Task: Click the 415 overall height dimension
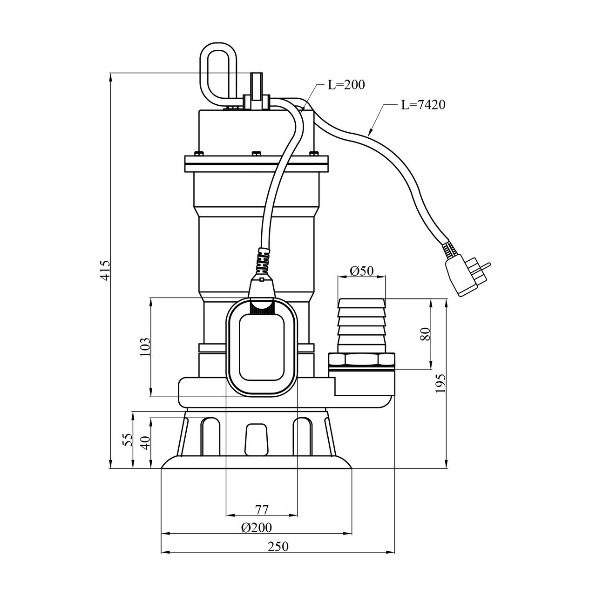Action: point(106,271)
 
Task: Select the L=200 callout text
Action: point(346,85)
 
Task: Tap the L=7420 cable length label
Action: point(423,105)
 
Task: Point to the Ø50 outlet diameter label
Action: point(362,271)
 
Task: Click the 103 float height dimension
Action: point(145,347)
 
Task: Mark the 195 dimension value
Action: point(440,383)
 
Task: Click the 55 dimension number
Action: point(129,440)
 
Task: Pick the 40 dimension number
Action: point(146,443)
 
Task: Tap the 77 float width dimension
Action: point(262,509)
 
